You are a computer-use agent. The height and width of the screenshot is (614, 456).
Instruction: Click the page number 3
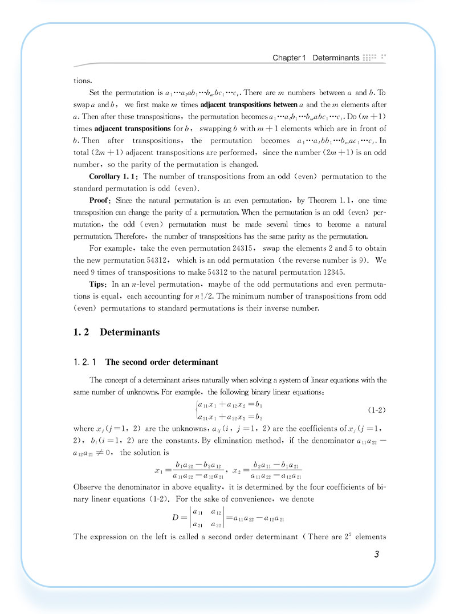click(376, 555)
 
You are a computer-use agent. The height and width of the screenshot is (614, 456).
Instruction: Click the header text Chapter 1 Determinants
click(316, 58)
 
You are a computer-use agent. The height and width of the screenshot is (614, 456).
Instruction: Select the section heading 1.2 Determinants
click(117, 332)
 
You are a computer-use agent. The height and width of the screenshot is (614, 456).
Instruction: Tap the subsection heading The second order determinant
click(161, 362)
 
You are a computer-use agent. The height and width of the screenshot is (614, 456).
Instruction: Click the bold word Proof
click(101, 201)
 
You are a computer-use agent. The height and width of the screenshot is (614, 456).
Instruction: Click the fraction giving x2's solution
click(276, 470)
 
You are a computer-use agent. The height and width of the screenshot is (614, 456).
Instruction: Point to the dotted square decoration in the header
click(374, 58)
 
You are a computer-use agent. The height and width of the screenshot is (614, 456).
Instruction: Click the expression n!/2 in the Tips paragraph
click(226, 296)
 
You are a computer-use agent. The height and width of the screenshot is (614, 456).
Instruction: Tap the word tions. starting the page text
click(83, 81)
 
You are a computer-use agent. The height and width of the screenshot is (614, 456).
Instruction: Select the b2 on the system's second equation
click(258, 417)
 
